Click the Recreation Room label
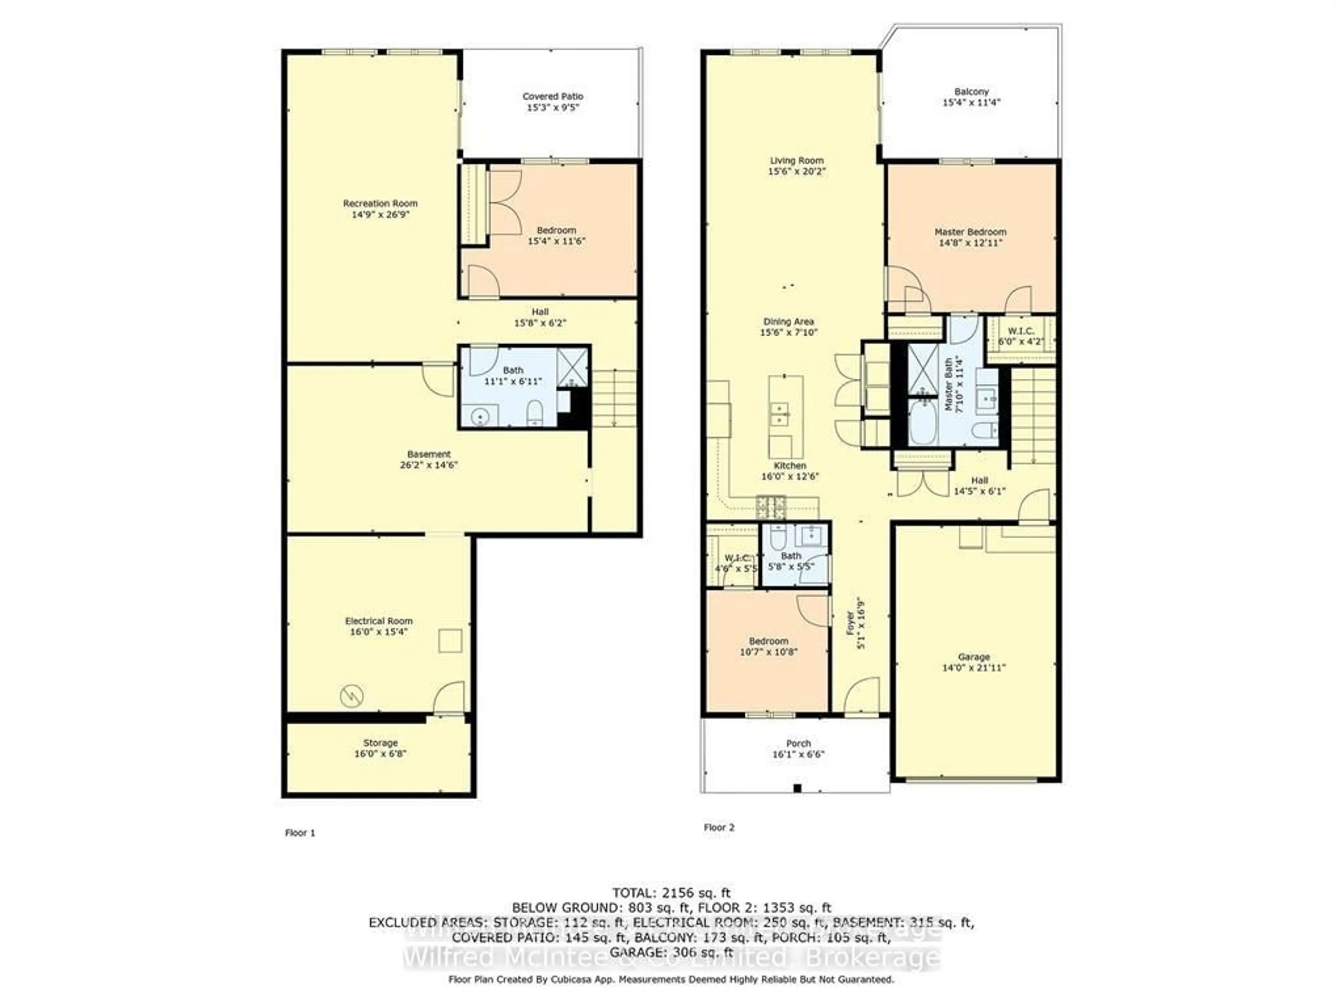(x=380, y=203)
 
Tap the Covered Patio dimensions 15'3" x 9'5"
(x=553, y=107)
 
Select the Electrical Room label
(x=378, y=621)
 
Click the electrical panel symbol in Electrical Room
(x=351, y=695)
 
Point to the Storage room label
(x=380, y=742)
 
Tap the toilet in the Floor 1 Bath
(x=534, y=412)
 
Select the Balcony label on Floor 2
(x=972, y=91)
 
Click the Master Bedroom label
(x=970, y=232)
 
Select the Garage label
(x=974, y=657)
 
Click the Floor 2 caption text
(x=719, y=827)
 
